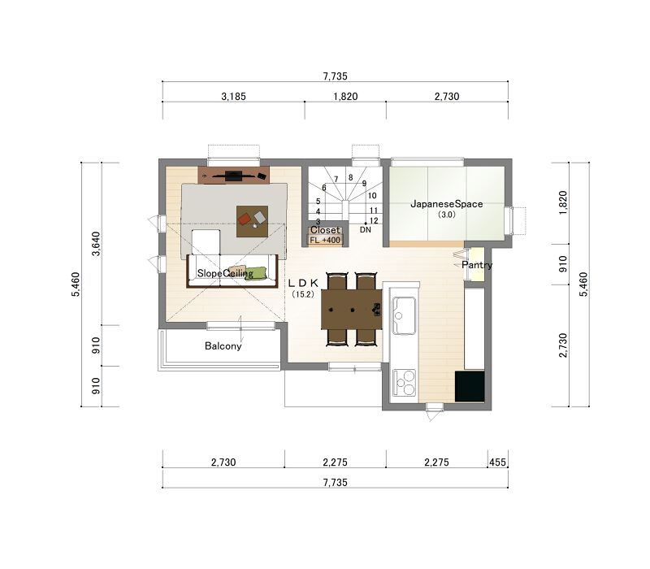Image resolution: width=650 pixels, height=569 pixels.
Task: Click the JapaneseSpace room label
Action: click(446, 204)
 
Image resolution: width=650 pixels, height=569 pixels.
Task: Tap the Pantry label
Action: click(477, 265)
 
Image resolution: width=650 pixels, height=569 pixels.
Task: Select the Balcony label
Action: click(223, 346)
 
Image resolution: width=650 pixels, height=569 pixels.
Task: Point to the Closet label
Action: click(326, 230)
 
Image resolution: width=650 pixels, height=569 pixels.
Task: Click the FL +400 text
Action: click(325, 240)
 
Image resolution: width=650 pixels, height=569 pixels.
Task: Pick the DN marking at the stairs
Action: click(365, 229)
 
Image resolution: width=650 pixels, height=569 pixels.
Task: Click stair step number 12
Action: click(374, 221)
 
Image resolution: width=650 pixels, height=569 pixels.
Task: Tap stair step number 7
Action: click(336, 179)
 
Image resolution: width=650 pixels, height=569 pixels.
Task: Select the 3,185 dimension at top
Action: click(233, 97)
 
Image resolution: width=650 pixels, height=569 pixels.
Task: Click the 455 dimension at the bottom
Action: click(497, 463)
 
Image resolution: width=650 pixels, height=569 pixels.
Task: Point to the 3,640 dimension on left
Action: click(96, 244)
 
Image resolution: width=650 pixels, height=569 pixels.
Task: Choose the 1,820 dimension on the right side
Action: click(562, 202)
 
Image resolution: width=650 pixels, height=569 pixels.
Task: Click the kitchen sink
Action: click(404, 315)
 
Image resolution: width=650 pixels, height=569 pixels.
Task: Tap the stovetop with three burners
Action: click(404, 383)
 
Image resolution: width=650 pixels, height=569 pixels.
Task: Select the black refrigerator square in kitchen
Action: click(470, 386)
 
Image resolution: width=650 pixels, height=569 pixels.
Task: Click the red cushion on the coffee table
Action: click(245, 219)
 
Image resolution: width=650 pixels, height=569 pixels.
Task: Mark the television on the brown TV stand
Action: click(233, 176)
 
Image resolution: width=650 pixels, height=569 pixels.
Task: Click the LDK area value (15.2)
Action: click(303, 294)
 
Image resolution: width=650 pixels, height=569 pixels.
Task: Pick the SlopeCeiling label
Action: click(225, 273)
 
